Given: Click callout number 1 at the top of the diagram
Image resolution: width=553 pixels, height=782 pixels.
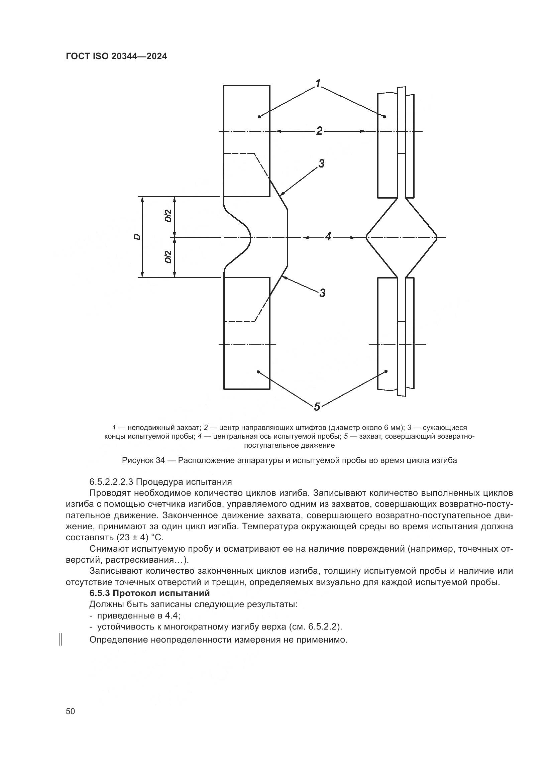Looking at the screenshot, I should [x=318, y=84].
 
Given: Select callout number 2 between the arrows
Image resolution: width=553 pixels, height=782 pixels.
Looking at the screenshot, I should [x=319, y=131].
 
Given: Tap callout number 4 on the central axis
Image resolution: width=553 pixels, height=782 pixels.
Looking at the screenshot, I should [x=328, y=237].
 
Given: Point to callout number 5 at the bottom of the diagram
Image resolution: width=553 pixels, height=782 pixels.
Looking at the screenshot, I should [x=317, y=406].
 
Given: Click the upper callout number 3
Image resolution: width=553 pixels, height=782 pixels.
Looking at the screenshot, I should [x=321, y=164].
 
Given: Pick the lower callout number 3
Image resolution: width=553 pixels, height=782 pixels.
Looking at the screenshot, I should [x=322, y=292].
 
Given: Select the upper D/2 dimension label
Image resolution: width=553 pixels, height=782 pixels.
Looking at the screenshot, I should [x=168, y=216].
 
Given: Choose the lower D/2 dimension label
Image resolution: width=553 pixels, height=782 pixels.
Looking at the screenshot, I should [x=168, y=257].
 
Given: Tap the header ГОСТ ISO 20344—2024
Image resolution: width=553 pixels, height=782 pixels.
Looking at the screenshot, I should [x=116, y=57].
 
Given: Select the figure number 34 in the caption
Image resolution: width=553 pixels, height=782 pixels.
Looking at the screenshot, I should [x=160, y=461].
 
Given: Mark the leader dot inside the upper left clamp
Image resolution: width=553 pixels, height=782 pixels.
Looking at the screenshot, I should [x=259, y=117].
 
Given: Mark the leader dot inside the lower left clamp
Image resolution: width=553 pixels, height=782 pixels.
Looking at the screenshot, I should [x=258, y=371].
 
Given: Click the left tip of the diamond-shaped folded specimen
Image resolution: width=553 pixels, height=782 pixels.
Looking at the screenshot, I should [x=366, y=237].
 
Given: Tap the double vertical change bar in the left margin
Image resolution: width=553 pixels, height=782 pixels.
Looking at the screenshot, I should [x=60, y=639].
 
